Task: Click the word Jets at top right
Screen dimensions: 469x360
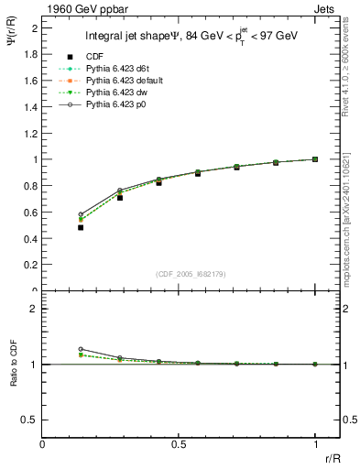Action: pyautogui.click(x=327, y=6)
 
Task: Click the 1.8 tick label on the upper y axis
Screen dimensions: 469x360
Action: pyautogui.click(x=30, y=54)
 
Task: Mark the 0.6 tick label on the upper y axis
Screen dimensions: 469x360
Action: pyautogui.click(x=30, y=213)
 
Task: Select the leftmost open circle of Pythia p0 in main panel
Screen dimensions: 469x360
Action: pyautogui.click(x=81, y=214)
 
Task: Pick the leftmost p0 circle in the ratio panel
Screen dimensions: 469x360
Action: pyautogui.click(x=81, y=349)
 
